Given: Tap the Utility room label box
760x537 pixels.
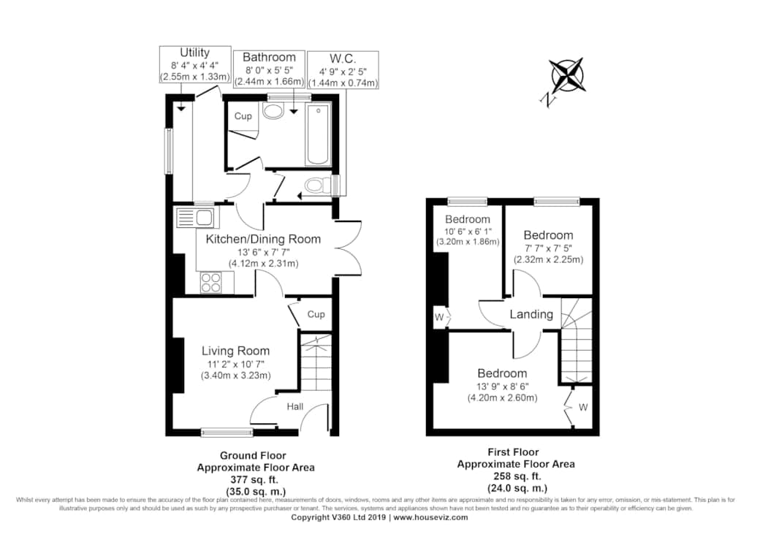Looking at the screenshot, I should click(x=195, y=64).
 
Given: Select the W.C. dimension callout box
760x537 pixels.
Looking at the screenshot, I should click(x=343, y=70).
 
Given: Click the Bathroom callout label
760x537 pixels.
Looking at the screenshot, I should click(x=269, y=69).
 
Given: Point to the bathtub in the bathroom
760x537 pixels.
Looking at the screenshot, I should click(x=319, y=134).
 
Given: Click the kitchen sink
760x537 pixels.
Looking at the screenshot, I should click(x=195, y=218).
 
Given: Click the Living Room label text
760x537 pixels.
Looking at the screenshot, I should click(x=235, y=351).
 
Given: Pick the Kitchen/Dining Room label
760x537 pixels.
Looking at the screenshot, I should click(x=263, y=239).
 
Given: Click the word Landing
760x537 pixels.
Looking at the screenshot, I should click(x=531, y=314).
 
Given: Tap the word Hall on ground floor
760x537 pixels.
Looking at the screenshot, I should click(x=294, y=407).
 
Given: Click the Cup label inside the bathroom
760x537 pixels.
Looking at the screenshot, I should click(x=243, y=116).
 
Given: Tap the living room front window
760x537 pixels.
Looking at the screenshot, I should click(x=223, y=432).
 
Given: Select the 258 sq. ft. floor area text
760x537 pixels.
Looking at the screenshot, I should click(x=516, y=476).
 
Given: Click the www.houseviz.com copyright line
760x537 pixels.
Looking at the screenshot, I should click(x=379, y=517).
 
